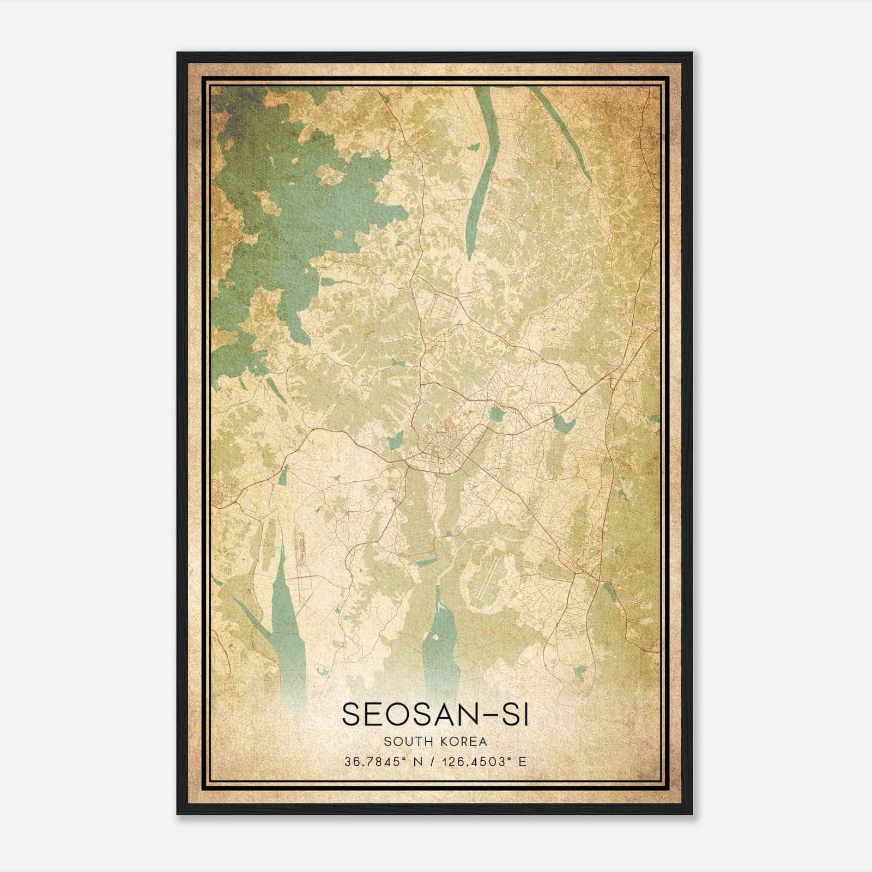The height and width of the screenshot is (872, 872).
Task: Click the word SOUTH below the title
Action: tap(406, 741)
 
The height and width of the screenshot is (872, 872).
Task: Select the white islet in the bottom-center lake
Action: tap(437, 634)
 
